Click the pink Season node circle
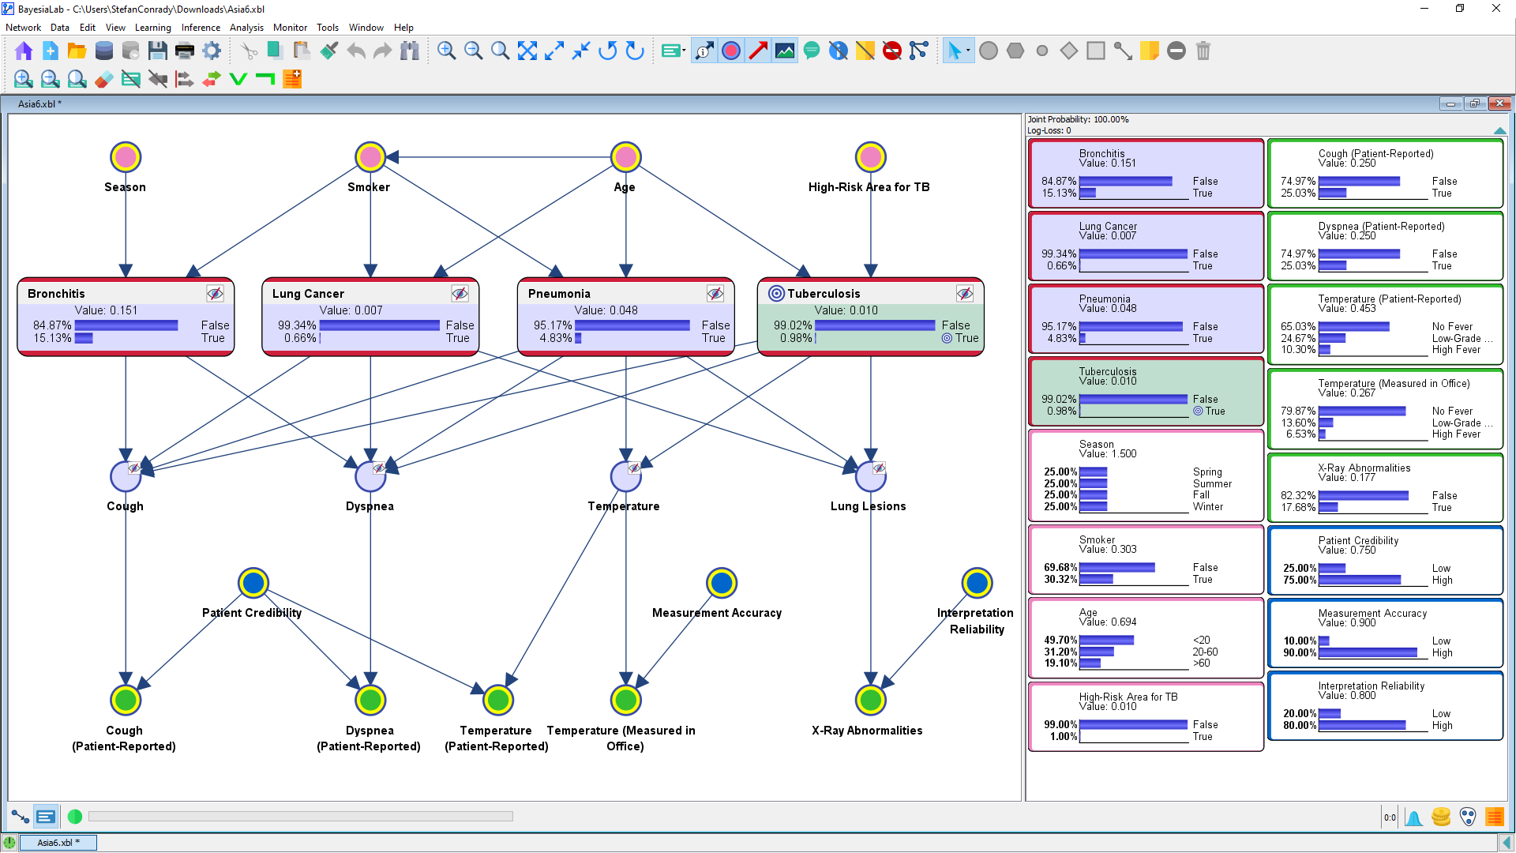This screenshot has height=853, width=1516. (x=126, y=157)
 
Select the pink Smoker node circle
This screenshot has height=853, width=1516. (x=370, y=157)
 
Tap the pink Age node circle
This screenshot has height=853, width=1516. (x=626, y=157)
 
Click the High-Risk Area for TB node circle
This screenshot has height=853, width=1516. (x=871, y=157)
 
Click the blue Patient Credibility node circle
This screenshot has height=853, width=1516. (x=253, y=583)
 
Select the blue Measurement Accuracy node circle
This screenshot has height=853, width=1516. (x=722, y=583)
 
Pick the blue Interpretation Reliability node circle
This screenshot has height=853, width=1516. (x=978, y=583)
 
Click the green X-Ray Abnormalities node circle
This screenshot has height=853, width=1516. (x=871, y=700)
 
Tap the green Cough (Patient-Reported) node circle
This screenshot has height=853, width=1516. (x=126, y=700)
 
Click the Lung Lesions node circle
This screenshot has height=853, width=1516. (x=871, y=476)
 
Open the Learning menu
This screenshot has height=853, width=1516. (x=153, y=28)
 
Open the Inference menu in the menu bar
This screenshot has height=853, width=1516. (x=201, y=28)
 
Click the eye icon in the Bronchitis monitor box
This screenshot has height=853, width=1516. (x=215, y=294)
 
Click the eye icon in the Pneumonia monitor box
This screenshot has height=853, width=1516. (x=715, y=294)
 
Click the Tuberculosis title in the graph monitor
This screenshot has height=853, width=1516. (x=824, y=294)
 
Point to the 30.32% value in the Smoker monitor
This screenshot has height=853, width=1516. (x=1060, y=579)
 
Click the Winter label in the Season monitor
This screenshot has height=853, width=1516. (x=1208, y=507)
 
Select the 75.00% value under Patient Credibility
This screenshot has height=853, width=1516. (x=1300, y=580)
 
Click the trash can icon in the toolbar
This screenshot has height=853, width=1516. (x=1203, y=51)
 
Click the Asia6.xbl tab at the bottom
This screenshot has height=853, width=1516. (x=58, y=843)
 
